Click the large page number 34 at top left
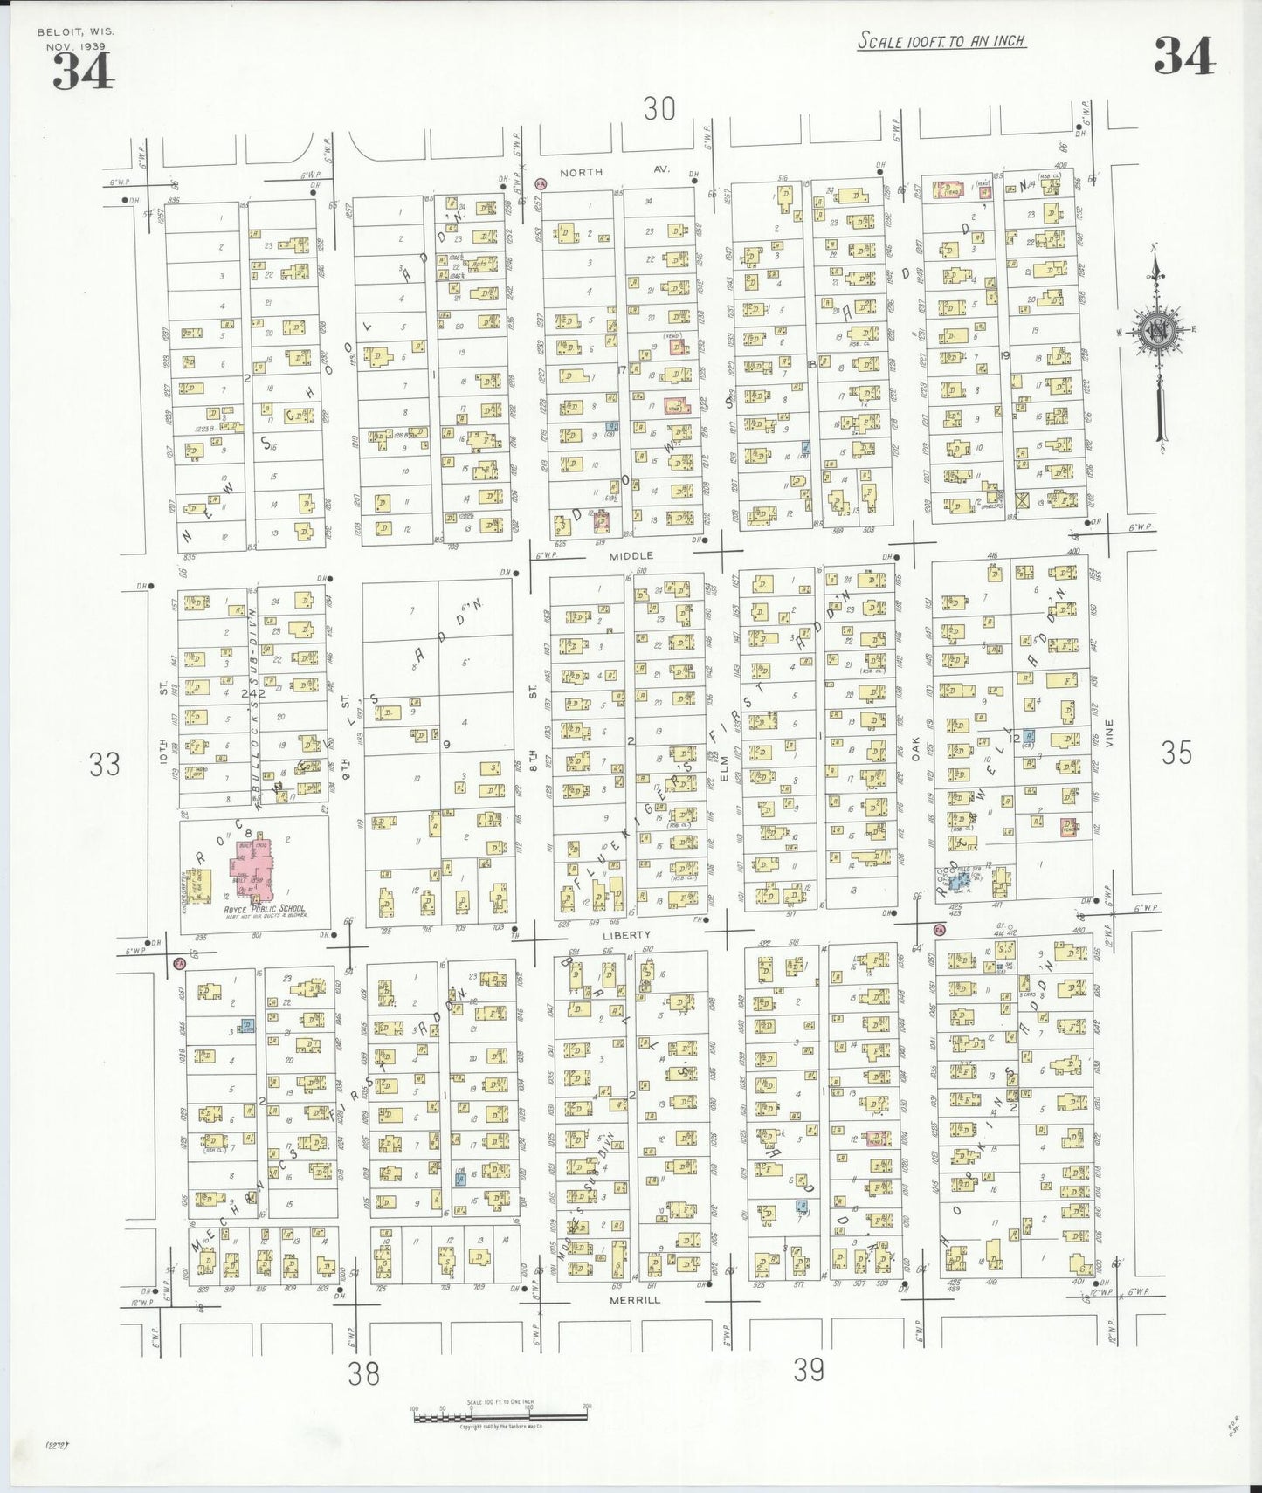click(x=83, y=72)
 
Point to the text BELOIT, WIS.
click(x=75, y=32)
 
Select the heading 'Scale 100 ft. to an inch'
click(x=941, y=40)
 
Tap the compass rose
click(x=1158, y=332)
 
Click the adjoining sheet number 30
click(x=659, y=109)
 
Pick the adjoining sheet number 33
click(x=104, y=765)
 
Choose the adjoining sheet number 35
click(x=1176, y=753)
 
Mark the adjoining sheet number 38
click(x=363, y=1374)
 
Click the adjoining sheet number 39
click(x=809, y=1370)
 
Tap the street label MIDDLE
click(x=631, y=555)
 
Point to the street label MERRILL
click(x=636, y=1300)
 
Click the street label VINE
click(x=1109, y=733)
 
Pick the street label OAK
click(x=916, y=749)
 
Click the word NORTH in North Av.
click(x=581, y=172)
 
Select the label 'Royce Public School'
click(x=264, y=909)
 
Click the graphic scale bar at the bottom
click(x=500, y=1415)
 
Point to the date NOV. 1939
click(x=72, y=45)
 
